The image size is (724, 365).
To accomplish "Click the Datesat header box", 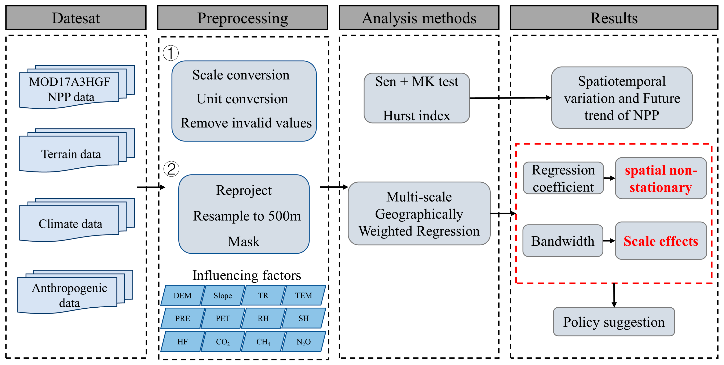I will tap(76, 18).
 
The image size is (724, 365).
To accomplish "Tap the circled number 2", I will tap(171, 169).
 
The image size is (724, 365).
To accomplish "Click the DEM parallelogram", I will tap(182, 295).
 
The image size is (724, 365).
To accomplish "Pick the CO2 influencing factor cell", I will tap(223, 342).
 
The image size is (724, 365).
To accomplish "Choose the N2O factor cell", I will tap(304, 342).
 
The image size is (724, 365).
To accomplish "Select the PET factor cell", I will tap(223, 318).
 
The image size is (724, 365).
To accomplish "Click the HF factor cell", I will tap(182, 342).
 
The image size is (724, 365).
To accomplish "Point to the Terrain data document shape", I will tap(71, 154).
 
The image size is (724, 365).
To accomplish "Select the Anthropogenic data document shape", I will tap(69, 295).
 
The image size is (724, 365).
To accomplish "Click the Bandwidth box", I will tap(563, 241).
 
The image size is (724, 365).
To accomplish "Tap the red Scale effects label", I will tap(661, 241).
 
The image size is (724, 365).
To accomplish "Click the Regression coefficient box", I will tap(563, 178).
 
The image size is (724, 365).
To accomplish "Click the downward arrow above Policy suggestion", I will tap(614, 296).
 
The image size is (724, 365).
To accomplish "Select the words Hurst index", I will tap(417, 116).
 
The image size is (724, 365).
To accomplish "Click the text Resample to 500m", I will tap(247, 216).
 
